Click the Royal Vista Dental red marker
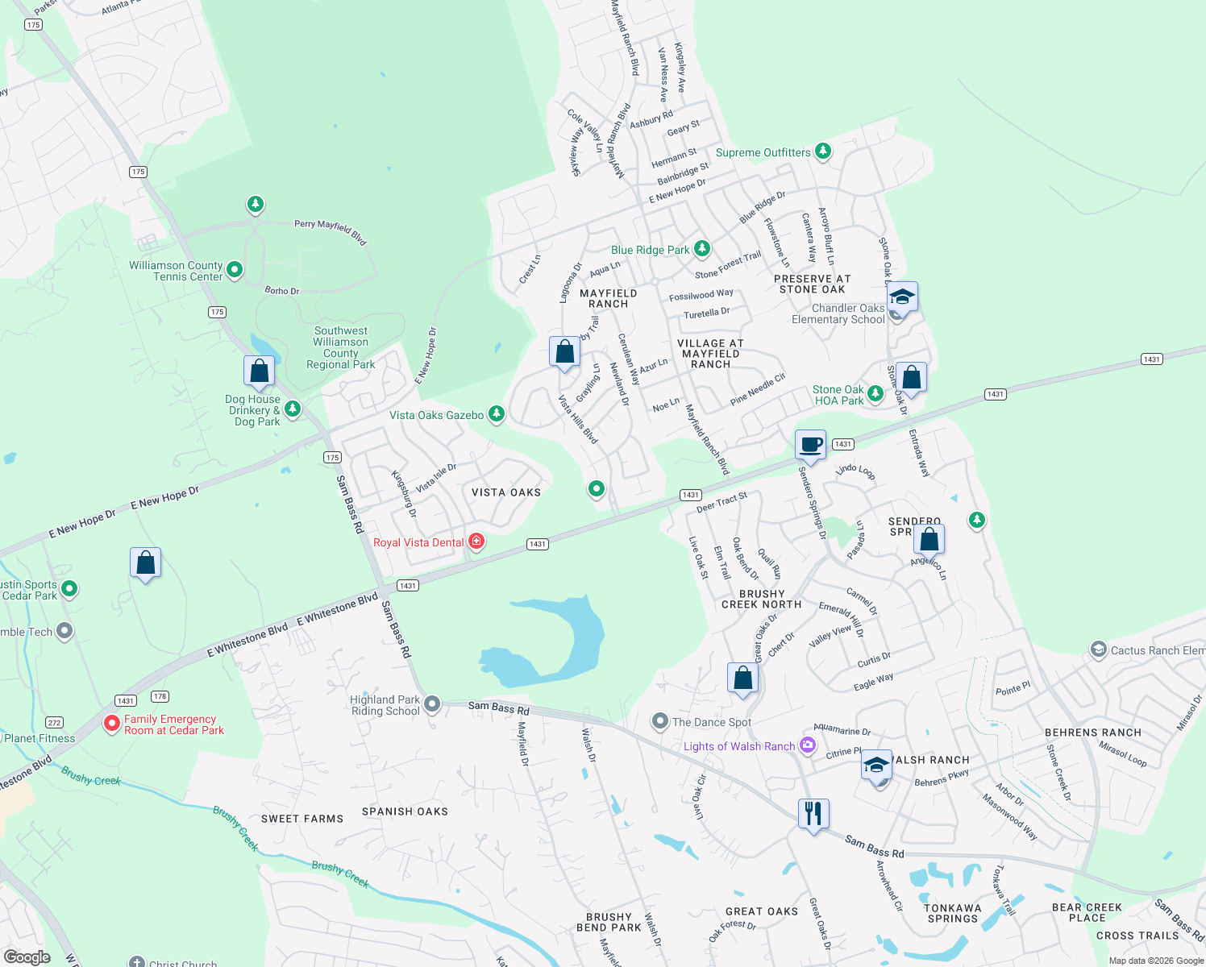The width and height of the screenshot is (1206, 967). pos(476,542)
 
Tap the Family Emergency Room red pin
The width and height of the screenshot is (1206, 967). pos(112,724)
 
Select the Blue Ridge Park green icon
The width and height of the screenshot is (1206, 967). pos(702,249)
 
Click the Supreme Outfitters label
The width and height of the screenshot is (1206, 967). pos(763,152)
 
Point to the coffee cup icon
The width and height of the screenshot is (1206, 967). pos(810,445)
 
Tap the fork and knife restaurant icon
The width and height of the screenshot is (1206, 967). pos(813,814)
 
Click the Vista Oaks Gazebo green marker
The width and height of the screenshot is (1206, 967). pos(497,414)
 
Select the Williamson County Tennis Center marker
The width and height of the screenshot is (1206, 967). pos(235,270)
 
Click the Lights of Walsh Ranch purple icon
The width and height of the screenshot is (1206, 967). pos(808,745)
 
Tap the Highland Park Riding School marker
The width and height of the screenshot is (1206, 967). pos(432,704)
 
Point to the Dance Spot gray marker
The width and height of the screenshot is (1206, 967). pos(660,720)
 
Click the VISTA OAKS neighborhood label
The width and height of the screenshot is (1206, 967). pos(506,492)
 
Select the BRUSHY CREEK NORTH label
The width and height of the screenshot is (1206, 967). pos(761,599)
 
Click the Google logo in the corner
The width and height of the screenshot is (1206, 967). pos(27,957)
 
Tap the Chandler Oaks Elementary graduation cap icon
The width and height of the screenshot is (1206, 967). pos(901,297)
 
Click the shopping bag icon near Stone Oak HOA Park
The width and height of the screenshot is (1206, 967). pos(911,378)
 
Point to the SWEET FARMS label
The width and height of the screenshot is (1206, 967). pos(302,819)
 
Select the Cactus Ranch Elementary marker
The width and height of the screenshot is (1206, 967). pos(1098,650)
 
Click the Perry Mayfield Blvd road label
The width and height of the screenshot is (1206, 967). pos(330,230)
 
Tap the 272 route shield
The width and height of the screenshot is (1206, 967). pos(54,723)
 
